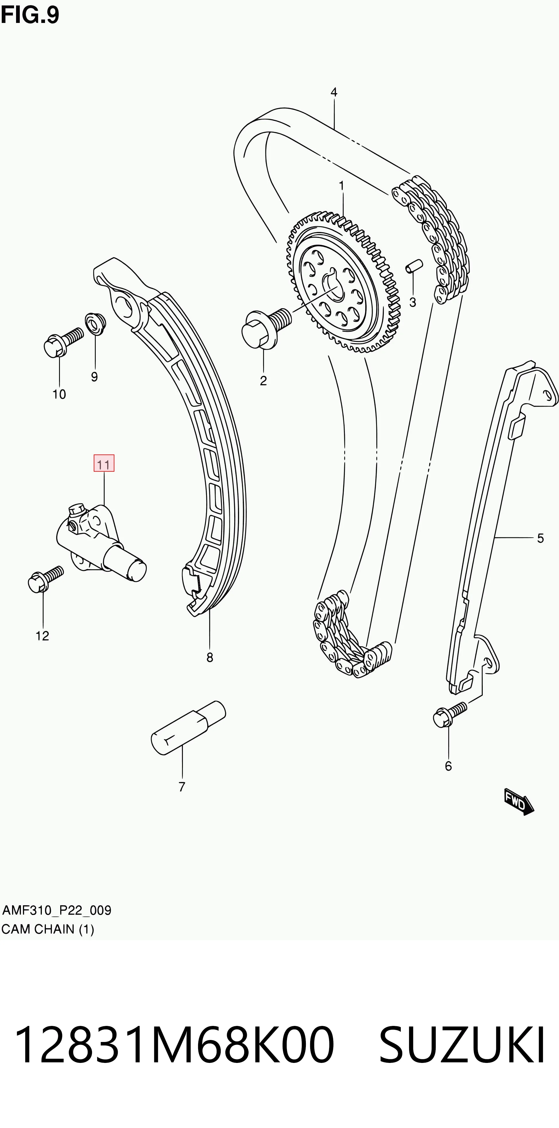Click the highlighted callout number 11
click(104, 463)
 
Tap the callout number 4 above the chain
click(334, 92)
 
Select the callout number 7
click(182, 787)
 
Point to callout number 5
click(541, 538)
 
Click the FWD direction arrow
click(519, 802)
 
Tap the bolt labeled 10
click(63, 342)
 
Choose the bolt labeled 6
click(449, 714)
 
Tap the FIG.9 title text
click(30, 15)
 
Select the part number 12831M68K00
click(174, 1045)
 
